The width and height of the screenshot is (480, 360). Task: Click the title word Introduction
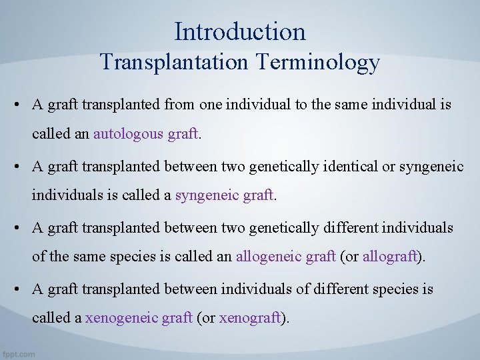point(240,31)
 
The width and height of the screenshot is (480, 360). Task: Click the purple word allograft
point(389,257)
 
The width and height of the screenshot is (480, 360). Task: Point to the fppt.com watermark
point(19,353)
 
